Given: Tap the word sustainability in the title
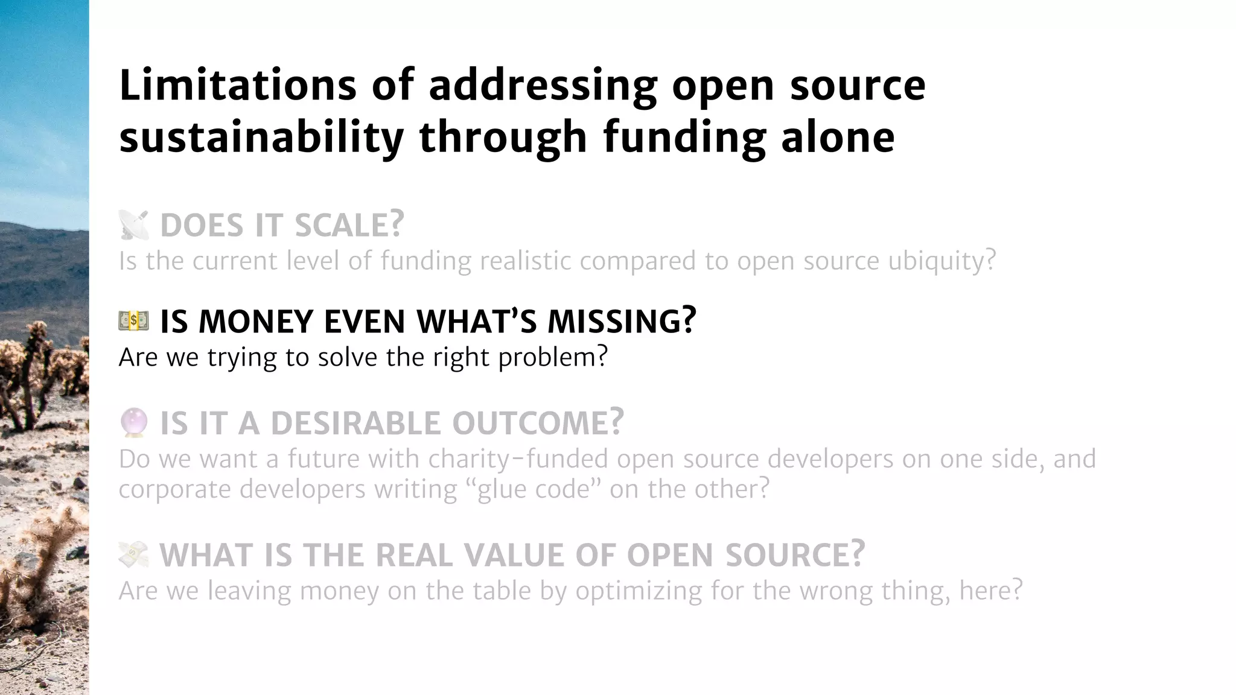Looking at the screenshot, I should (x=261, y=137).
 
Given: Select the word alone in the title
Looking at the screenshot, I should (x=838, y=137).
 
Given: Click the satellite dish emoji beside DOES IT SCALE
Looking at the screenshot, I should (x=133, y=225).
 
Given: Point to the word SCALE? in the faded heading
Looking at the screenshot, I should (x=349, y=225).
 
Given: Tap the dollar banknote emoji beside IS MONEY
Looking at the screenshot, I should (x=133, y=321).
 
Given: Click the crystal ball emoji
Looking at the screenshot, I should (x=133, y=422).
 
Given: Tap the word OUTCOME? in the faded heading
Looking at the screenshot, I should (x=538, y=423).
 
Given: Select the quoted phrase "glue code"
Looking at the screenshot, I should (x=534, y=489).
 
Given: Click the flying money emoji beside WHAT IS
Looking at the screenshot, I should (x=133, y=554).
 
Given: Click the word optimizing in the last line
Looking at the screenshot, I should (x=639, y=591).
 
